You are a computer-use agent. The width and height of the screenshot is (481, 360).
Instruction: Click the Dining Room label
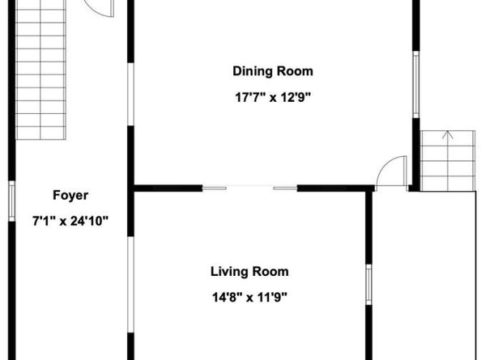pyautogui.click(x=273, y=71)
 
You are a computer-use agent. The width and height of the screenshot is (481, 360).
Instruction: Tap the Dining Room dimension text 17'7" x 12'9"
pyautogui.click(x=273, y=98)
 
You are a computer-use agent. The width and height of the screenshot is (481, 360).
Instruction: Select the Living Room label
pyautogui.click(x=249, y=272)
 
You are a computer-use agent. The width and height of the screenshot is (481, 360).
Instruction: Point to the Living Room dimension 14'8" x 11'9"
pyautogui.click(x=249, y=297)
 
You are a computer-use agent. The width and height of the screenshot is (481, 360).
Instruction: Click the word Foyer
pyautogui.click(x=70, y=196)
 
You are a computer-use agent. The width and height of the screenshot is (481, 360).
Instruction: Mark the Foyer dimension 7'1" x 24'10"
pyautogui.click(x=70, y=221)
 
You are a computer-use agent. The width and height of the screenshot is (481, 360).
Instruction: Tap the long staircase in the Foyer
pyautogui.click(x=40, y=70)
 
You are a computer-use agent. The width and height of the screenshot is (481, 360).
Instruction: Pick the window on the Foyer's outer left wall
pyautogui.click(x=11, y=201)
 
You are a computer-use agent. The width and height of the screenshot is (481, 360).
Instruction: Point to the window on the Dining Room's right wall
pyautogui.click(x=416, y=84)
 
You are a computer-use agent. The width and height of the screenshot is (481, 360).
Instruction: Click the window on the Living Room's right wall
pyautogui.click(x=368, y=285)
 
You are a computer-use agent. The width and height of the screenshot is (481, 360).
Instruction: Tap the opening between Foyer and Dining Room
pyautogui.click(x=130, y=94)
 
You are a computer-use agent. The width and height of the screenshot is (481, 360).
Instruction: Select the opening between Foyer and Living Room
pyautogui.click(x=130, y=285)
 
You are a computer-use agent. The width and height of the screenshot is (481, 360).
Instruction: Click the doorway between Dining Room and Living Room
pyautogui.click(x=249, y=188)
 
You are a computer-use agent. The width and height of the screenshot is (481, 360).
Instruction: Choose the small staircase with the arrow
pyautogui.click(x=448, y=161)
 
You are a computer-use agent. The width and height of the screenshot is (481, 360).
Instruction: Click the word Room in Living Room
pyautogui.click(x=270, y=272)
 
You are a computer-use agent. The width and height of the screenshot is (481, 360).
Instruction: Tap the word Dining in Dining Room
pyautogui.click(x=253, y=71)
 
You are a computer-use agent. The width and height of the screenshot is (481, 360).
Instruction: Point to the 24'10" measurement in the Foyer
pyautogui.click(x=90, y=221)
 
